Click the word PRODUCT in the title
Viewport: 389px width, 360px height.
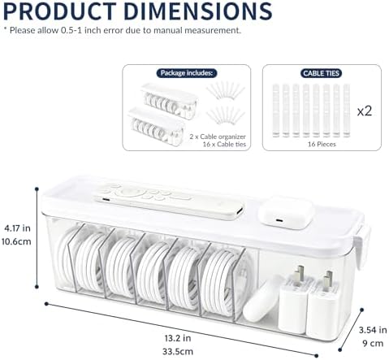(59, 11)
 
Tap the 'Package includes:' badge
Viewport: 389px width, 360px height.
(187, 73)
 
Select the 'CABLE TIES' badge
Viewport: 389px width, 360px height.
(321, 73)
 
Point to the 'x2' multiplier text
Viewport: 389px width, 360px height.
(365, 111)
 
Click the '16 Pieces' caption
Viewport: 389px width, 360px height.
(322, 144)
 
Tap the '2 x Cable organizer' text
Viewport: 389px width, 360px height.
(218, 137)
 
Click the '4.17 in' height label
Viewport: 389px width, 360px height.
(17, 228)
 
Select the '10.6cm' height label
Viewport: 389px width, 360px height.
(16, 241)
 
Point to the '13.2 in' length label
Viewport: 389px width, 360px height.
(178, 338)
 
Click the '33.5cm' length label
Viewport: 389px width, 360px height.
(178, 352)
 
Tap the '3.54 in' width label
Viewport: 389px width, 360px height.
(373, 330)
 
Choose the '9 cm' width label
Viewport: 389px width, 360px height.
(373, 343)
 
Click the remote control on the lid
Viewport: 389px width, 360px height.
(170, 201)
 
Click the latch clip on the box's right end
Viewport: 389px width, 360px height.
(362, 247)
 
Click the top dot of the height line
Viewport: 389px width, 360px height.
(37, 189)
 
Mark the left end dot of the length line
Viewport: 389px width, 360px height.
(46, 304)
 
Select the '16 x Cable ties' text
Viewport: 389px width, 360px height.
(224, 144)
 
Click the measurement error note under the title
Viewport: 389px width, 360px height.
(122, 30)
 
